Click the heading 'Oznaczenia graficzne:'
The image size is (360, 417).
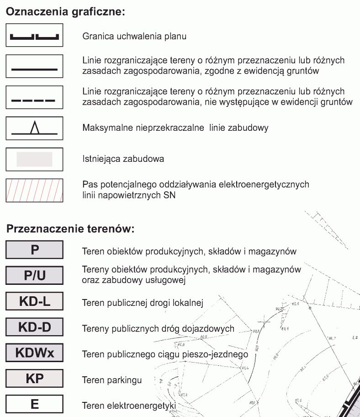[x=65, y=12]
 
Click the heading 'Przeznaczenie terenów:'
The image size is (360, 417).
[x=70, y=229]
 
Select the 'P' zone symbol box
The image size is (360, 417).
[x=35, y=250]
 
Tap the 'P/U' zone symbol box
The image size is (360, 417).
[x=35, y=275]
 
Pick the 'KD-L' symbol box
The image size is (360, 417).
[x=35, y=301]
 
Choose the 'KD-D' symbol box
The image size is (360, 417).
[x=35, y=327]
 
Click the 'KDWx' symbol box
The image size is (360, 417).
[x=35, y=353]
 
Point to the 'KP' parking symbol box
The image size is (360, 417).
[x=35, y=379]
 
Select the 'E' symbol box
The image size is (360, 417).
[x=35, y=405]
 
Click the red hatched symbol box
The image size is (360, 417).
[x=35, y=190]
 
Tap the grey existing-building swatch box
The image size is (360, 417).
[x=35, y=159]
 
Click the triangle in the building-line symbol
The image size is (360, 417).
[x=34, y=128]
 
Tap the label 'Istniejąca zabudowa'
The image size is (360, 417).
[x=123, y=159]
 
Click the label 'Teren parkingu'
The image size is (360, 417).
[x=112, y=380]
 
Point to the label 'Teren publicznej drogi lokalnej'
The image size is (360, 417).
[x=143, y=302]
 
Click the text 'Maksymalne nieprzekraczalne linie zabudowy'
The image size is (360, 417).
[x=175, y=128]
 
